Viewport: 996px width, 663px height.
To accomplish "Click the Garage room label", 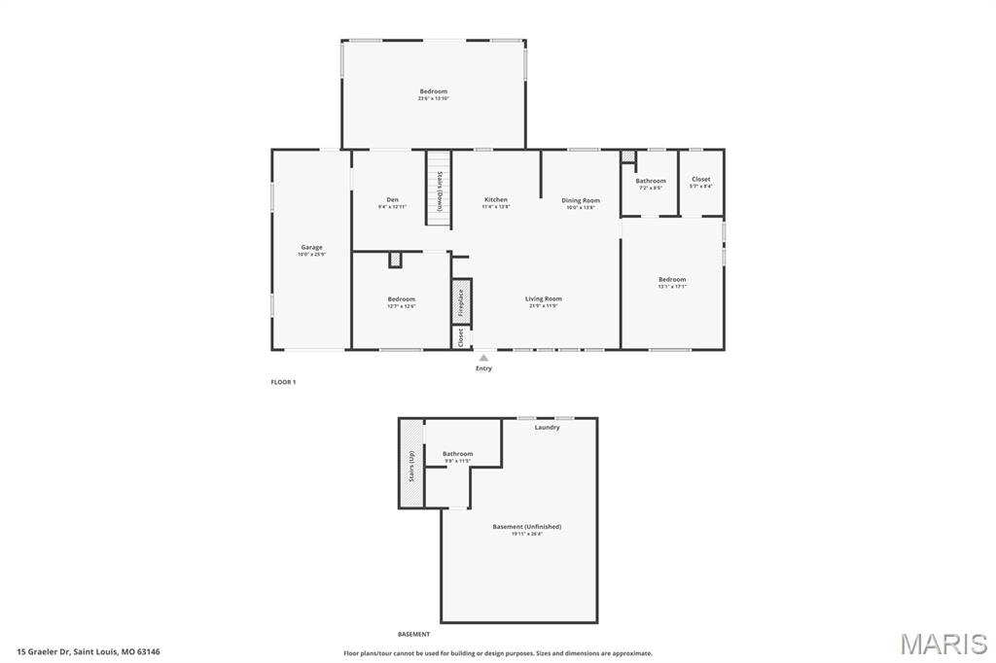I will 311,248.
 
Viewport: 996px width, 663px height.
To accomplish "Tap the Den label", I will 393,200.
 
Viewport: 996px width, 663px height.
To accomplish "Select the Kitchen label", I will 496,200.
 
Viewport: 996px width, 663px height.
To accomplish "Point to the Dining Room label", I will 581,201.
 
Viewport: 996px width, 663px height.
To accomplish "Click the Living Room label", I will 544,299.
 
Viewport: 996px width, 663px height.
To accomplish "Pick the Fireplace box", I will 461,301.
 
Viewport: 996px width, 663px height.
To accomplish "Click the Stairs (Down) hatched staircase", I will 439,190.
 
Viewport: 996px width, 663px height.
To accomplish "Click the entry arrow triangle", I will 483,358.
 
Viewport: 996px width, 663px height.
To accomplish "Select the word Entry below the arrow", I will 483,368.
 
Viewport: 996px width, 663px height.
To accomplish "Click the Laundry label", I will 547,428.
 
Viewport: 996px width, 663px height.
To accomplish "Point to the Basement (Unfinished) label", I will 526,527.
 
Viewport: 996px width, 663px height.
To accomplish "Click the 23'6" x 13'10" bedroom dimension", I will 433,98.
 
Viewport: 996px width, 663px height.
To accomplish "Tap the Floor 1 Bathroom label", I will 651,181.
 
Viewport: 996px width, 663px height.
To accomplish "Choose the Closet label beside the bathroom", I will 700,180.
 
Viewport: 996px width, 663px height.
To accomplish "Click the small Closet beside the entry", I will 460,336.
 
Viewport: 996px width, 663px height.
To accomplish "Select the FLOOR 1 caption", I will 283,382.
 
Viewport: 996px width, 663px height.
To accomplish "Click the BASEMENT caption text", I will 412,634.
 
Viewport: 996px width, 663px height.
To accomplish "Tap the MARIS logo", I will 943,644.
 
